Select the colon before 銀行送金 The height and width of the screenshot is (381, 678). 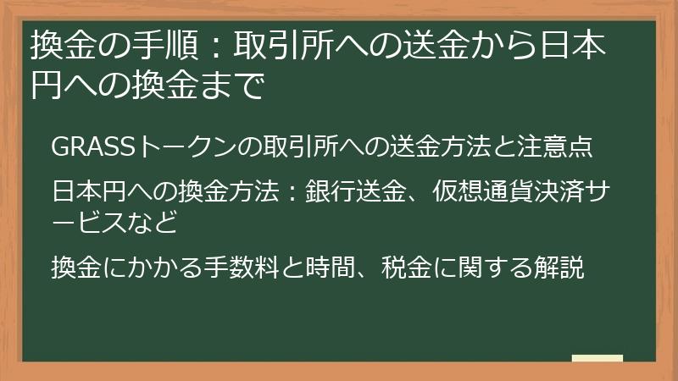(x=289, y=192)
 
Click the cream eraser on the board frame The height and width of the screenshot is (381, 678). (x=597, y=358)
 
